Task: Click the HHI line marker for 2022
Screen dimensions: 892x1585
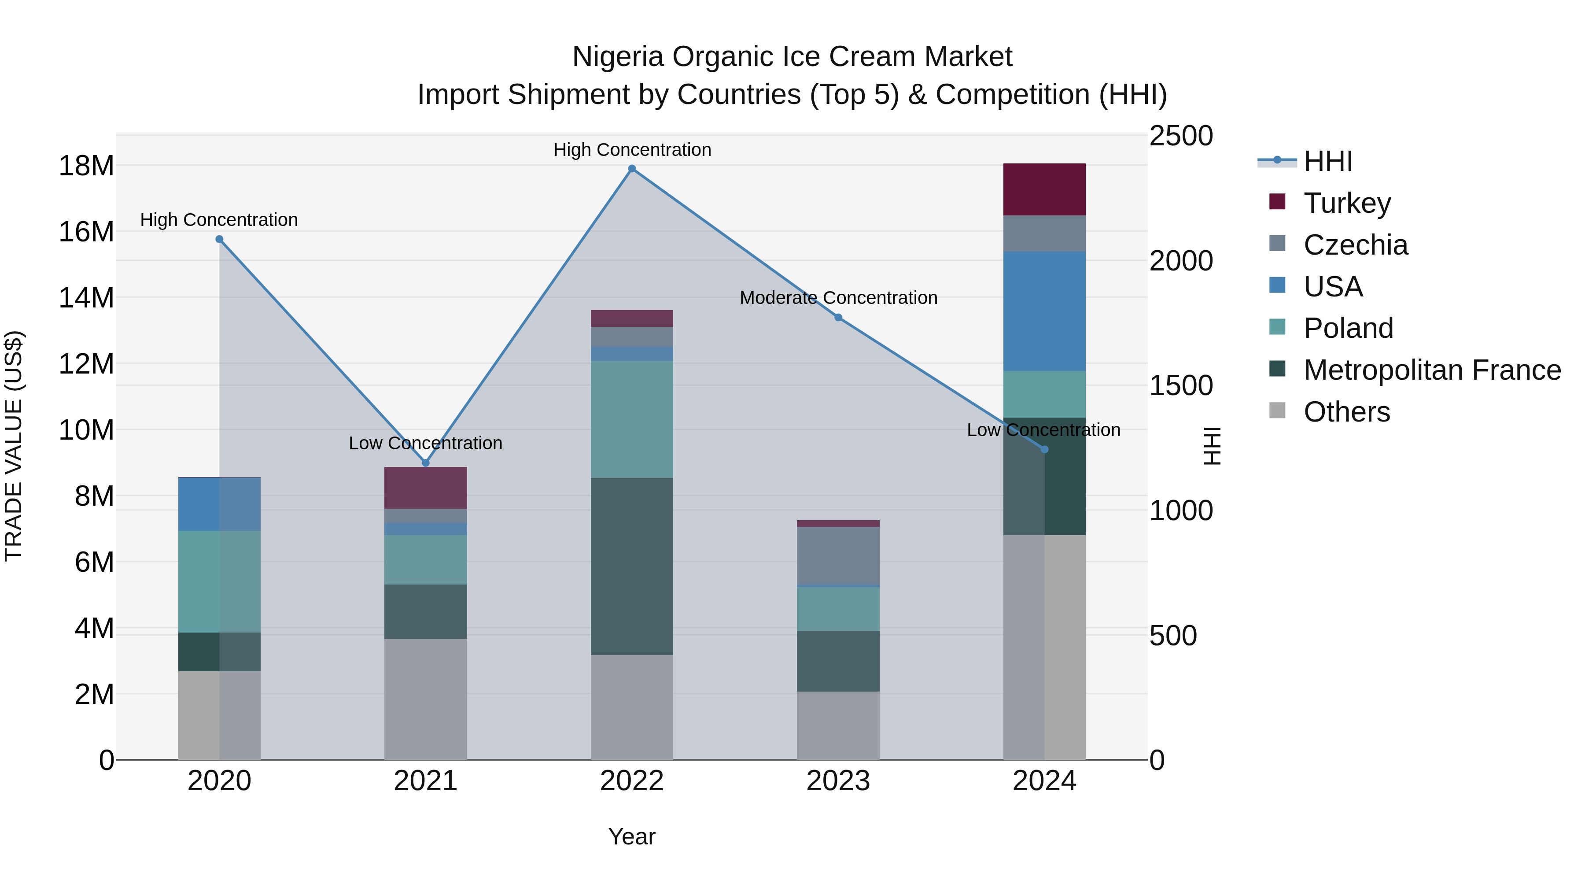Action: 632,169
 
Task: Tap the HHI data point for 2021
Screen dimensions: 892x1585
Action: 426,463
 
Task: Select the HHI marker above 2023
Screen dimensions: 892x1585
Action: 838,318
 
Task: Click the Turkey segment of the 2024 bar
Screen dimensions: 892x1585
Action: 1044,189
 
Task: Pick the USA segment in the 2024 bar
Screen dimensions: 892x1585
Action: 1044,311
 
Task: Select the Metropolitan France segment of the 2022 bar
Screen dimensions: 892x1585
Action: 632,566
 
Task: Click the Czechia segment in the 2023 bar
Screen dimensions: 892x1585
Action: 838,555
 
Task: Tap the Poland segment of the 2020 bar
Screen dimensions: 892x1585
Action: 219,582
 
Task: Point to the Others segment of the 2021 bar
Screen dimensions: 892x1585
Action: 426,699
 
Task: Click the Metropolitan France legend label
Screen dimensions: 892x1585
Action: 1432,370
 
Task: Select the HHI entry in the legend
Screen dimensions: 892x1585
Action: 1328,161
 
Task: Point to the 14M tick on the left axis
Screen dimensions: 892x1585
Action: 86,298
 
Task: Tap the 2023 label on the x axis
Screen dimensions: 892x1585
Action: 838,781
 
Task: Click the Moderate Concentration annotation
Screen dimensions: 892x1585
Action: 838,298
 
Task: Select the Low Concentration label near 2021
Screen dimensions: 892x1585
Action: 426,443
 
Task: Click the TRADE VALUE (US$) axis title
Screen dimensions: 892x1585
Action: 14,446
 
